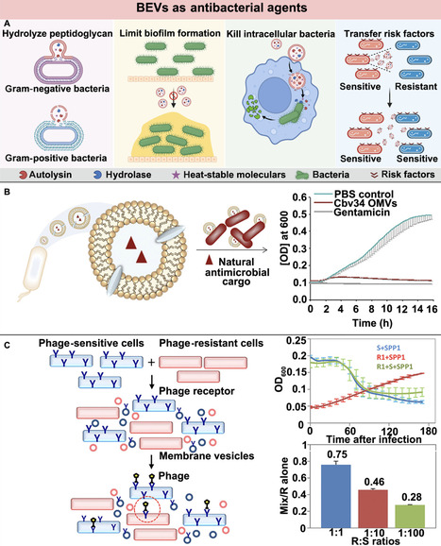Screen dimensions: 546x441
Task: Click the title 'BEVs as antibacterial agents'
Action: point(220,9)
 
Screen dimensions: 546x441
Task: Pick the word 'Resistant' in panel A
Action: point(411,83)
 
